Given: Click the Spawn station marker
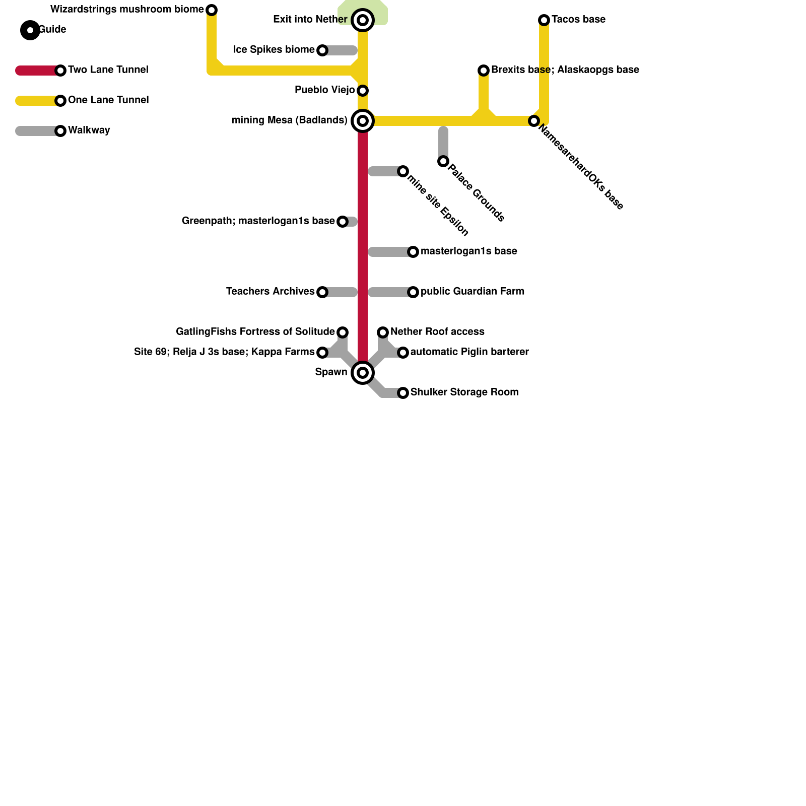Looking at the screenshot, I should pos(363,373).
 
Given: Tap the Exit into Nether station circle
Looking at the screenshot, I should pos(363,20).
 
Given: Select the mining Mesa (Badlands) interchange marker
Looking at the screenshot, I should pos(363,121).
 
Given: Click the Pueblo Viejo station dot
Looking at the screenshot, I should pos(363,91).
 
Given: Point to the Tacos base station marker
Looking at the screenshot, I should pos(544,20).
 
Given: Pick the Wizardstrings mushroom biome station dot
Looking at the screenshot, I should pos(212,10).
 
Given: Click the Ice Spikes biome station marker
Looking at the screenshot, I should pos(322,50).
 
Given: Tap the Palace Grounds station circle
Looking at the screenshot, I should pos(443,161).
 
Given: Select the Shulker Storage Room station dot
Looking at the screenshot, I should pos(403,393).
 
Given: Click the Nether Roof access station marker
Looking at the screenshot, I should pos(383,332).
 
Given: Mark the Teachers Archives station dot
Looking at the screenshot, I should pos(322,292).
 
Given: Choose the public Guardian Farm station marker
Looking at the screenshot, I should pos(413,292).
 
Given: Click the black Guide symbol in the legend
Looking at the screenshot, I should pos(30,30).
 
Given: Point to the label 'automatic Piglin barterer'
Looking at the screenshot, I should pos(469,352).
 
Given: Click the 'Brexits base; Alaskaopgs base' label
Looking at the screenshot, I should pos(565,70).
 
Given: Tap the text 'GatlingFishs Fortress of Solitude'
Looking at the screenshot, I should pos(255,332).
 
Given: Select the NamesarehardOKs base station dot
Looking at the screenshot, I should pos(534,121).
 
